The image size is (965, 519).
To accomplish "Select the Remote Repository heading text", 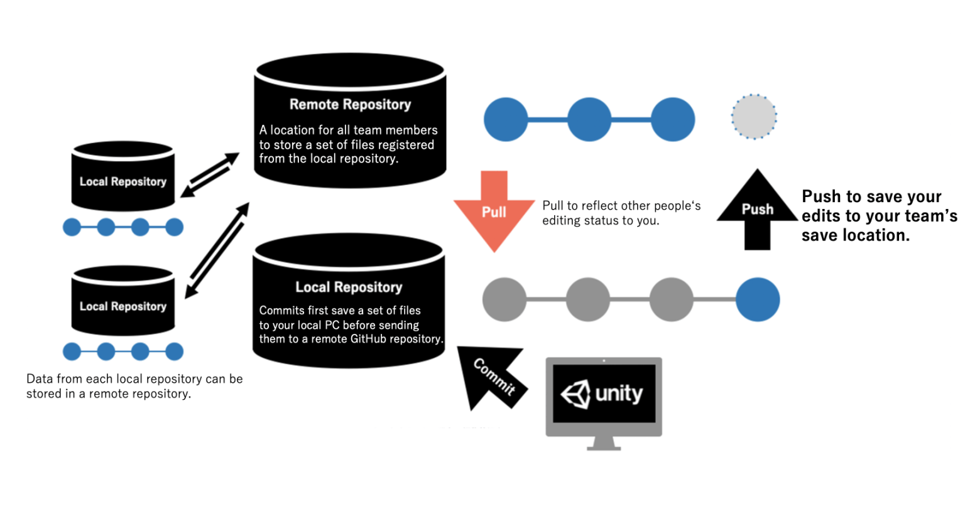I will (350, 104).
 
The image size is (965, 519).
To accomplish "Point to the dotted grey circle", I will (754, 117).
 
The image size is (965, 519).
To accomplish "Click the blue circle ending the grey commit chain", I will (758, 299).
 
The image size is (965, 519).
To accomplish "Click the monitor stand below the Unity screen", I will (604, 444).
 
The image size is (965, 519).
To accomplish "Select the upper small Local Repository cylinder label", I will (123, 181).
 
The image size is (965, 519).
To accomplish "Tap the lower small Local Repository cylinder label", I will (123, 306).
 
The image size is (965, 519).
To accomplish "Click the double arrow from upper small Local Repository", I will (210, 174).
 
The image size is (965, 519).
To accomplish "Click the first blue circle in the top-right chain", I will (506, 119).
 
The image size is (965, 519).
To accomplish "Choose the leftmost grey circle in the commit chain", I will (504, 299).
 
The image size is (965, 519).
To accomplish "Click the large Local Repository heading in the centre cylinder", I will (349, 287).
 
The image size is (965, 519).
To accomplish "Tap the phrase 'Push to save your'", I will (871, 196).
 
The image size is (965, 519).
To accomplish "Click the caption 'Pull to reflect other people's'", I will (621, 206).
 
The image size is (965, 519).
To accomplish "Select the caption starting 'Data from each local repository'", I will (134, 379).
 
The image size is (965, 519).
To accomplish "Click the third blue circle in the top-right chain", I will (672, 119).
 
